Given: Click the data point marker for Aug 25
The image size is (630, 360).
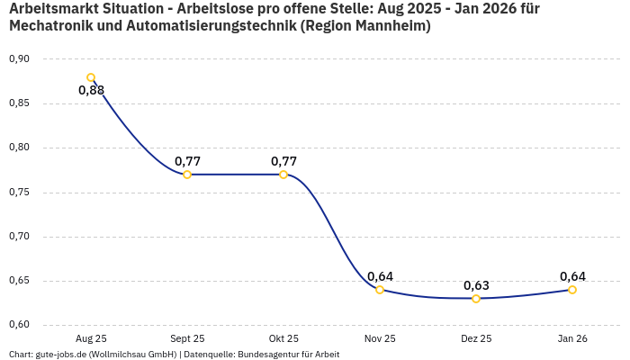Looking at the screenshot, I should [x=91, y=77].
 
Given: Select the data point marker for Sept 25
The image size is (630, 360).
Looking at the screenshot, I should [x=187, y=175].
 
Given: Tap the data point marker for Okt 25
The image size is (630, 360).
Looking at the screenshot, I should [x=283, y=175].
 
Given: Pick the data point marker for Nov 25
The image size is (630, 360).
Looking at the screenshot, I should [x=380, y=290].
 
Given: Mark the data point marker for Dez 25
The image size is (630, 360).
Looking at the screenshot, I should [x=476, y=299].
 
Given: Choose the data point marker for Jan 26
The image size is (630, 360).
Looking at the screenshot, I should [x=572, y=290].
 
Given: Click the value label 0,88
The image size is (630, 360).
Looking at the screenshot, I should [x=91, y=90].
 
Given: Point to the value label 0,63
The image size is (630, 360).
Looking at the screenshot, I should [x=476, y=285].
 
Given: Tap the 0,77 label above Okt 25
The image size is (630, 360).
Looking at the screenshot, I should [x=283, y=161].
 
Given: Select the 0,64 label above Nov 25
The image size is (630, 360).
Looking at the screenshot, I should [x=380, y=276].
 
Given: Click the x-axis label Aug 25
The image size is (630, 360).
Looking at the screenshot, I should [x=91, y=338].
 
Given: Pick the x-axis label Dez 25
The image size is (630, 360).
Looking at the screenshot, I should [x=476, y=338].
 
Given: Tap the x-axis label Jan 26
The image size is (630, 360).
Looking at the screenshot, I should [x=572, y=338].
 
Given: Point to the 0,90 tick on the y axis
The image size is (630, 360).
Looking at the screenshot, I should [x=19, y=59].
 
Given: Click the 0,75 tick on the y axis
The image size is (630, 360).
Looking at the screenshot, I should [x=19, y=193].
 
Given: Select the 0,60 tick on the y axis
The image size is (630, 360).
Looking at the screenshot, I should [x=19, y=325].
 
